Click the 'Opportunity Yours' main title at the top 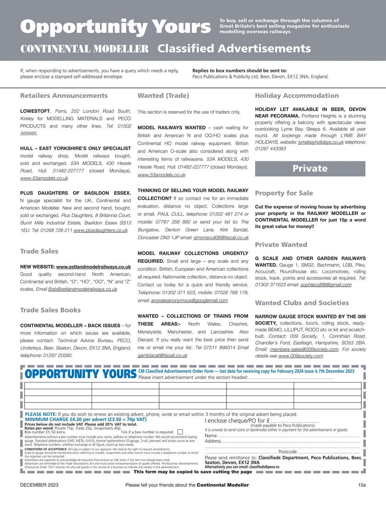[x=115, y=27]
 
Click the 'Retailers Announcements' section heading [x=64, y=95]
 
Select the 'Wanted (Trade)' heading [x=163, y=95]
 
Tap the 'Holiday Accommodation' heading [x=297, y=95]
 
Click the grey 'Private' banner [x=310, y=168]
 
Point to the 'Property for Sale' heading [x=284, y=193]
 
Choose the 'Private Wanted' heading [x=281, y=244]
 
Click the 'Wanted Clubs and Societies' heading [x=302, y=303]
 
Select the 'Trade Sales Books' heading [x=50, y=310]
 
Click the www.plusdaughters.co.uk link [x=100, y=231]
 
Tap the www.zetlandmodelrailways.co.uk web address [x=93, y=267]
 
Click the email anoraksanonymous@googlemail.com [x=189, y=301]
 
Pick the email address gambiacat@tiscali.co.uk [x=162, y=355]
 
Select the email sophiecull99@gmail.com [x=326, y=285]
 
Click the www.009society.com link [x=301, y=356]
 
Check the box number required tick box [x=180, y=432]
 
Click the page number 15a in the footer [x=361, y=485]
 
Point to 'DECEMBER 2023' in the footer [x=39, y=485]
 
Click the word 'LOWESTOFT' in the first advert [x=35, y=111]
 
